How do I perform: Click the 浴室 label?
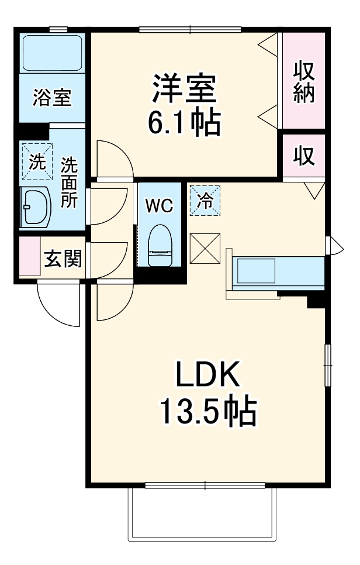(x=51, y=98)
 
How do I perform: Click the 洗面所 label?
(x=69, y=182)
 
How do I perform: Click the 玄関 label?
(x=63, y=258)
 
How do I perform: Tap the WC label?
(x=158, y=205)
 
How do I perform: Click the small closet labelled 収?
(x=303, y=156)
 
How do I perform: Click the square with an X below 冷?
(x=205, y=248)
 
